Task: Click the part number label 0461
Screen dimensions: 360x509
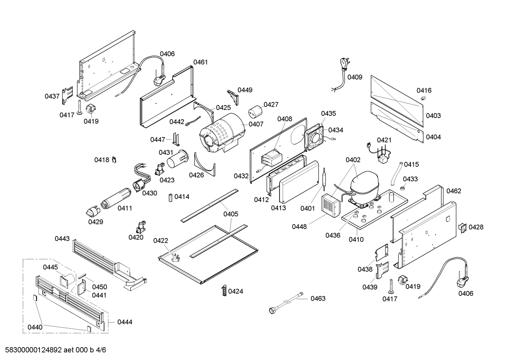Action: (200, 62)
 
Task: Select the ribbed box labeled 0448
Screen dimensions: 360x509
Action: (330, 205)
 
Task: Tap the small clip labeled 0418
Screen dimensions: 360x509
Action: (114, 160)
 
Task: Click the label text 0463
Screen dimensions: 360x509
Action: (318, 299)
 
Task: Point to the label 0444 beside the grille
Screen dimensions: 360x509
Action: (125, 322)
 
